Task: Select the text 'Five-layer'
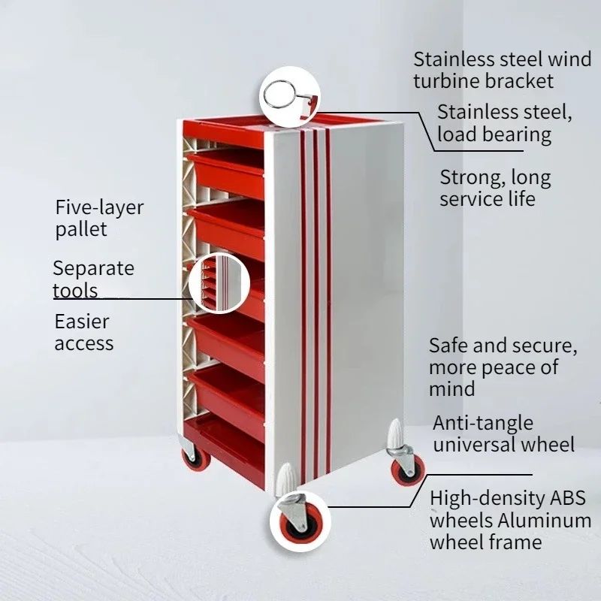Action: [99, 208]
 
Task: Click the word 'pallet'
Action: [81, 229]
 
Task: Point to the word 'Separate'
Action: [93, 268]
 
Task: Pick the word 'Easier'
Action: [82, 322]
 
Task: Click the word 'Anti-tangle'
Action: [483, 423]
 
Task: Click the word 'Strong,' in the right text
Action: [470, 179]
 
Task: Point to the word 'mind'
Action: [452, 388]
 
